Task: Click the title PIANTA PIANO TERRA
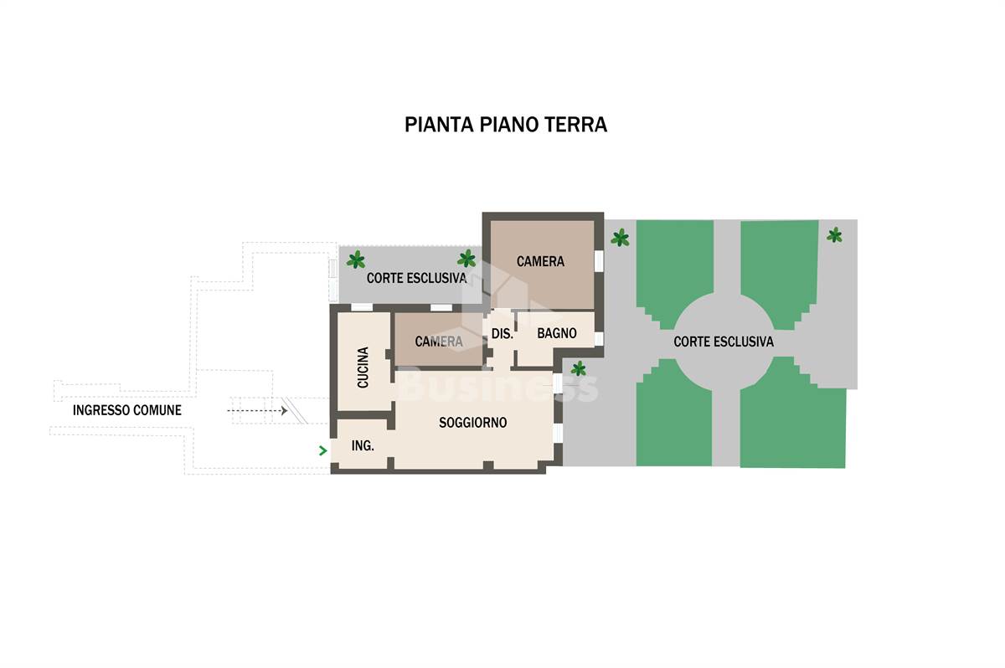tap(506, 125)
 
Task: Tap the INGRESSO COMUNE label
tap(127, 410)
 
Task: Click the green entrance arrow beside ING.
tap(322, 450)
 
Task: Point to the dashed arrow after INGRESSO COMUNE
tap(257, 411)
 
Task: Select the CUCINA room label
tap(363, 367)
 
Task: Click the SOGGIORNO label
tap(473, 423)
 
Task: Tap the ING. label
tap(363, 445)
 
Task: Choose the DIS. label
tap(502, 333)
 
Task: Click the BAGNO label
tap(557, 333)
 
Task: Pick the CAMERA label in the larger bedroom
tap(540, 261)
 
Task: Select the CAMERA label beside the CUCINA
tap(439, 342)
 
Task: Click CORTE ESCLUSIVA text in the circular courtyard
tap(724, 342)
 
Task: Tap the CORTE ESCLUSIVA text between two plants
tap(416, 278)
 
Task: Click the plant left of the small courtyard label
tap(356, 259)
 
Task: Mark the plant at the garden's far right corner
tap(834, 235)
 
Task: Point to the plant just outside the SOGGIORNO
tap(579, 369)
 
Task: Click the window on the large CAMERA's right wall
tap(599, 261)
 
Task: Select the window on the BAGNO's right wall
tap(599, 339)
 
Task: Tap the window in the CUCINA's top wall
tap(362, 307)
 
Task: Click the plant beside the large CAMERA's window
tap(620, 238)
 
